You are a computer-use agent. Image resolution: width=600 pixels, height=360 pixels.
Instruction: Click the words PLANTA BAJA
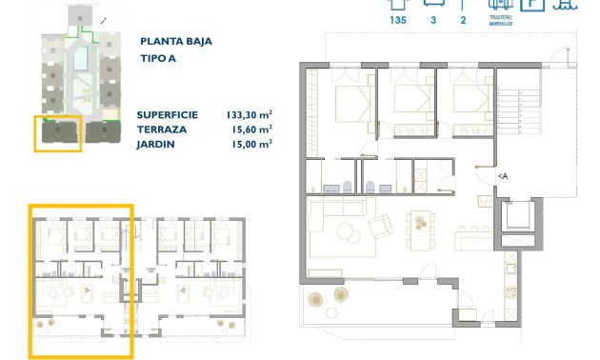(x=176, y=42)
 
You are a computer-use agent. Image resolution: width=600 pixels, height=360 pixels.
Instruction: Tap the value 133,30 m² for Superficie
(x=245, y=111)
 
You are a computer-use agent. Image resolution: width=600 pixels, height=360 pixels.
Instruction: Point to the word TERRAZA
(x=162, y=128)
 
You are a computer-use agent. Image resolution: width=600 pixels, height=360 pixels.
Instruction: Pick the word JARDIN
(x=157, y=144)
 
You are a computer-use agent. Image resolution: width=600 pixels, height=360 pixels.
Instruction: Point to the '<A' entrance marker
(x=502, y=175)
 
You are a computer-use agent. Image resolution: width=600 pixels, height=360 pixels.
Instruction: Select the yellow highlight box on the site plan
(x=57, y=133)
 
